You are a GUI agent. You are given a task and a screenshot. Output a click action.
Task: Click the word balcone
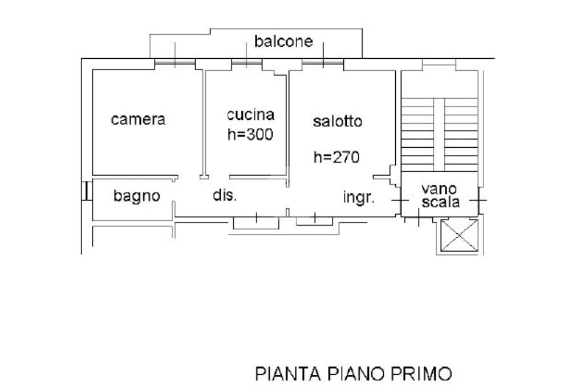283,42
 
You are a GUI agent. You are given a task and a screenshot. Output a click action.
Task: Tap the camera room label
138,120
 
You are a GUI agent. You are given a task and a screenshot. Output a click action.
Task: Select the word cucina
250,115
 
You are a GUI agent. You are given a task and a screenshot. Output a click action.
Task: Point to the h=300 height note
250,135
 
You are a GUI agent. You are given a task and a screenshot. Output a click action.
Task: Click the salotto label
338,121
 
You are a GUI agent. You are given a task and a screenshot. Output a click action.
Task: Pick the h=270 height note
336,157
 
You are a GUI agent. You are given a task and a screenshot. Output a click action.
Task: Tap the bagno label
137,196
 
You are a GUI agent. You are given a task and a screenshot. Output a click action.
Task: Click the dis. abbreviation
225,196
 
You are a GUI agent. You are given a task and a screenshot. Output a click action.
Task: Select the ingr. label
359,198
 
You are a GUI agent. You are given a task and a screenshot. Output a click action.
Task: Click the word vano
439,188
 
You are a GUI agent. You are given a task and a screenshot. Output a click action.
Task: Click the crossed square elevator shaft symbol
460,236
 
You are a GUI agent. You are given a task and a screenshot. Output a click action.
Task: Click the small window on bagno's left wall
86,191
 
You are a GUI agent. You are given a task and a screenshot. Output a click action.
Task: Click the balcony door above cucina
246,63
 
